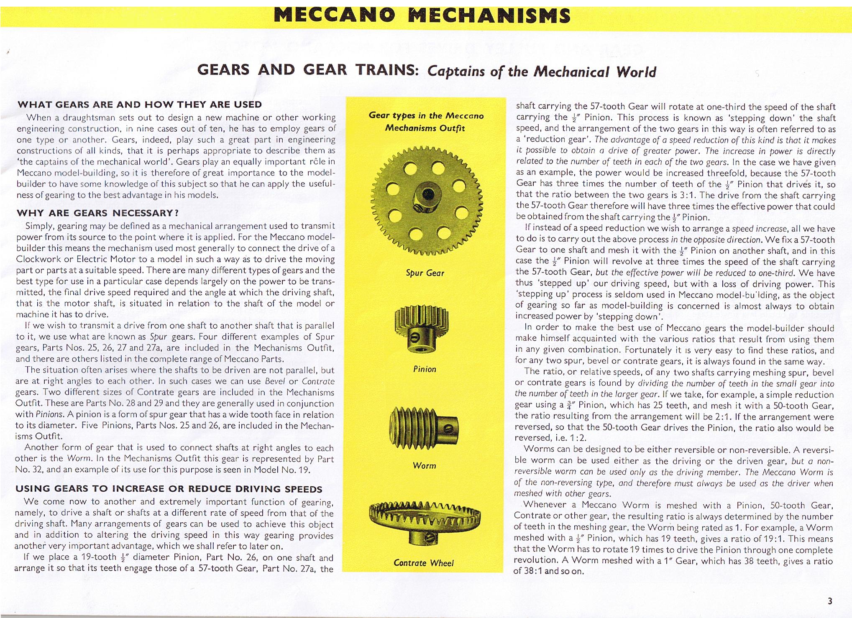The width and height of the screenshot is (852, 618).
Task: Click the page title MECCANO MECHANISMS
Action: click(x=422, y=16)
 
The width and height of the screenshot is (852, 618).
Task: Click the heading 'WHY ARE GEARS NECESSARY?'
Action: click(x=97, y=213)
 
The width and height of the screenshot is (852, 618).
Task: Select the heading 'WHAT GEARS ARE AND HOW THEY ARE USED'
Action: click(x=139, y=104)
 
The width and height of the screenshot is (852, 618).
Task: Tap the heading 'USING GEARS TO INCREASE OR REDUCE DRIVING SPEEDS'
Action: click(x=169, y=489)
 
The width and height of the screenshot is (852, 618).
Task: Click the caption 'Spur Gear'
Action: click(x=425, y=273)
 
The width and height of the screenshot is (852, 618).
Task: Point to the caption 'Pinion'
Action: click(x=425, y=369)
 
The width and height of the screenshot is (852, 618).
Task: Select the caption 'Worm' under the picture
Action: click(x=425, y=465)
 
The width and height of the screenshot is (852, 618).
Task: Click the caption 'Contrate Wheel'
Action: click(x=423, y=563)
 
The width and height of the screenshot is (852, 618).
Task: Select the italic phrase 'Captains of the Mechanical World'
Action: click(x=542, y=72)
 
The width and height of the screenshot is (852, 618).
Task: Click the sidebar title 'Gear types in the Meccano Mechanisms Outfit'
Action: click(x=425, y=122)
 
